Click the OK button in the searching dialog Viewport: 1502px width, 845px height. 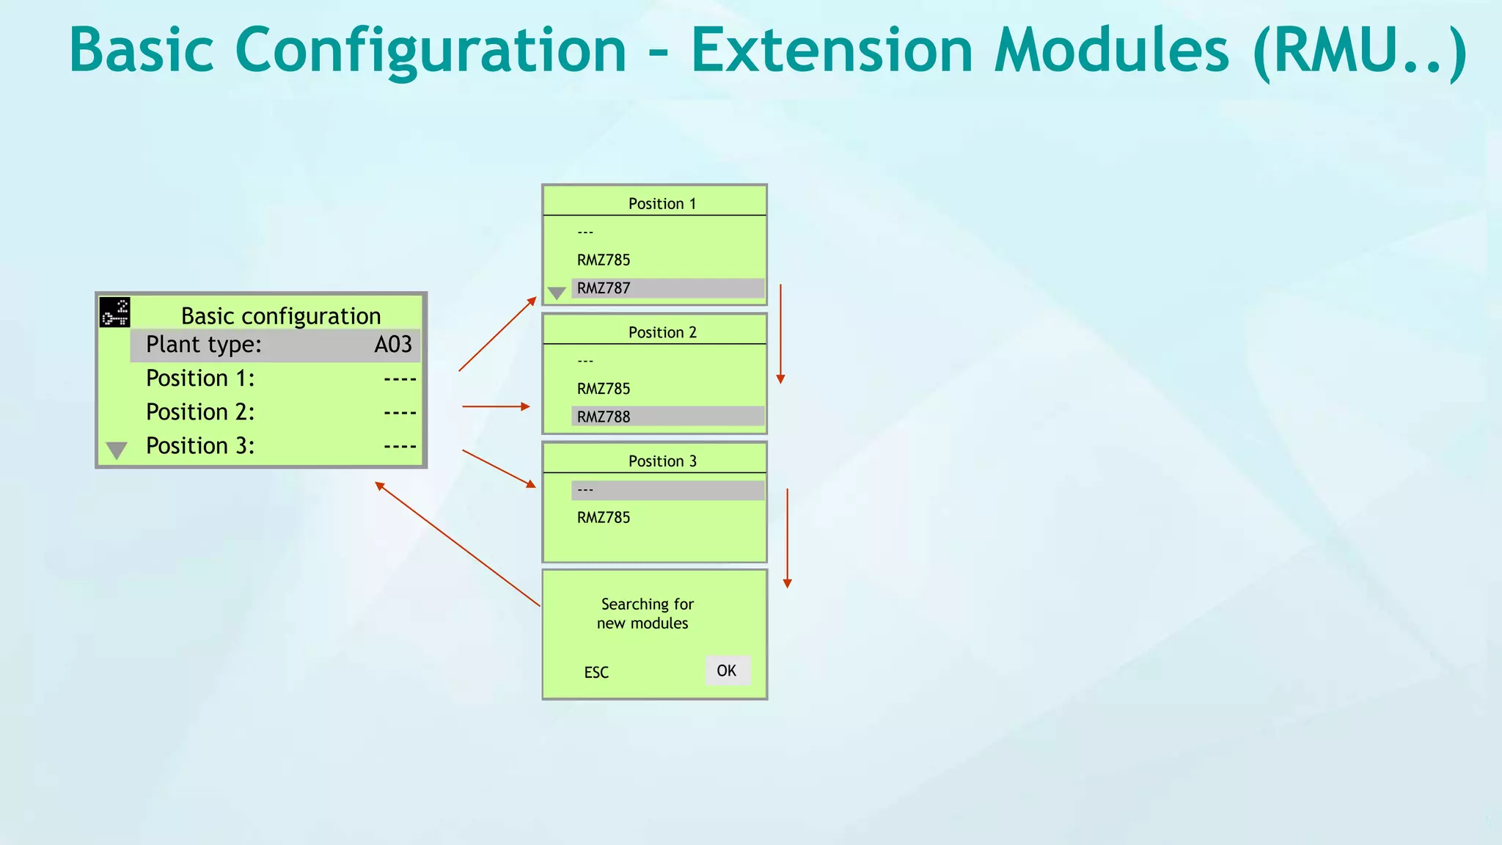coord(727,670)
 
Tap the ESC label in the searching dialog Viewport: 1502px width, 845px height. coord(596,673)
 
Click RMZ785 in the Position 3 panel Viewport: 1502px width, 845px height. coord(604,518)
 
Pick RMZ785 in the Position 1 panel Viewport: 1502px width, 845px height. coord(604,260)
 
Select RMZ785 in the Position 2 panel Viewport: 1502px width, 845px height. coord(604,389)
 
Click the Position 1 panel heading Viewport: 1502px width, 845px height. coord(662,204)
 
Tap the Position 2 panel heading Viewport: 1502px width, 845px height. coord(662,332)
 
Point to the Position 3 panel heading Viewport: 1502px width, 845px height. coord(662,461)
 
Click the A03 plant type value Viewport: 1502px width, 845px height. coord(393,345)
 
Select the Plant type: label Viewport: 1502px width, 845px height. coord(203,345)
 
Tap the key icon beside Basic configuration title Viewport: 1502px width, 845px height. coord(115,312)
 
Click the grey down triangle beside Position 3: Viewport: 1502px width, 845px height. coord(117,450)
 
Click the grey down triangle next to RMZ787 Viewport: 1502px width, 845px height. coord(557,293)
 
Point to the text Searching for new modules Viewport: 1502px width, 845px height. coord(645,613)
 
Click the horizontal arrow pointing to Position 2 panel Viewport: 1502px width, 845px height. coord(496,406)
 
